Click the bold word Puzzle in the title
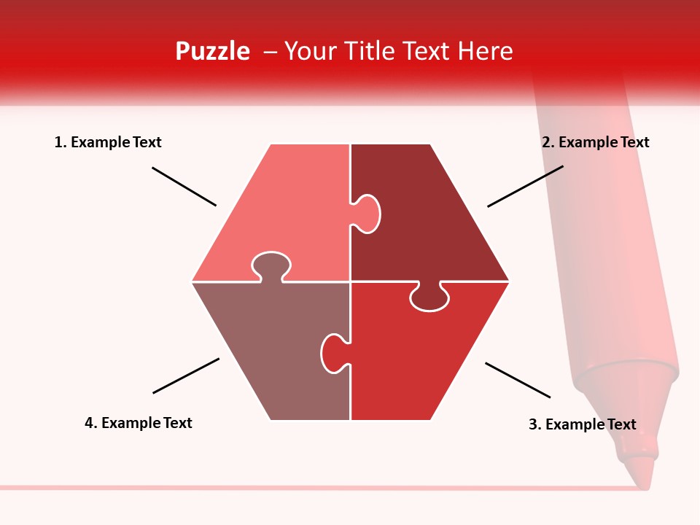click(212, 51)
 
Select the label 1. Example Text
click(108, 142)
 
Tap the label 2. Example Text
click(595, 142)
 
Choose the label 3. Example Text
click(582, 424)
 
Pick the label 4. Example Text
click(138, 423)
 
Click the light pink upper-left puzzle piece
click(284, 211)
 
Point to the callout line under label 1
click(184, 187)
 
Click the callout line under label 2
click(525, 186)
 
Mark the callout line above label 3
click(518, 380)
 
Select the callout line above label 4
click(186, 376)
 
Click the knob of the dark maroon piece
click(367, 214)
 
